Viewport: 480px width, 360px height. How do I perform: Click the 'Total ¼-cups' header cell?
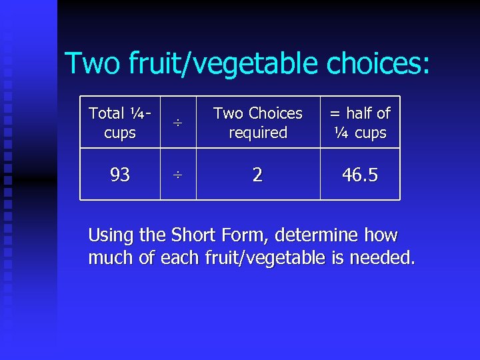pyautogui.click(x=120, y=123)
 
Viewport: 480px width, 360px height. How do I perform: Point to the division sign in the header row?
pyautogui.click(x=178, y=123)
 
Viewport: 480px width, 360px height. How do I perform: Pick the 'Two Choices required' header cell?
pyautogui.click(x=258, y=123)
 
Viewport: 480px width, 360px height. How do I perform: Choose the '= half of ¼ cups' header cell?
pyautogui.click(x=361, y=123)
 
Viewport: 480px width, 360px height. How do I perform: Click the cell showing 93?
pyautogui.click(x=120, y=175)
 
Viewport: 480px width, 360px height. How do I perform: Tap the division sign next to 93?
pyautogui.click(x=178, y=175)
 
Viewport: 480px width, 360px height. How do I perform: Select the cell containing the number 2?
pyautogui.click(x=258, y=175)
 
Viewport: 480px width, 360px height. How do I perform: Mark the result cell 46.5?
pyautogui.click(x=361, y=175)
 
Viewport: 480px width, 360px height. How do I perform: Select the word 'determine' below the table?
pyautogui.click(x=313, y=236)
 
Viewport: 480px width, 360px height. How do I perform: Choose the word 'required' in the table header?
pyautogui.click(x=258, y=133)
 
